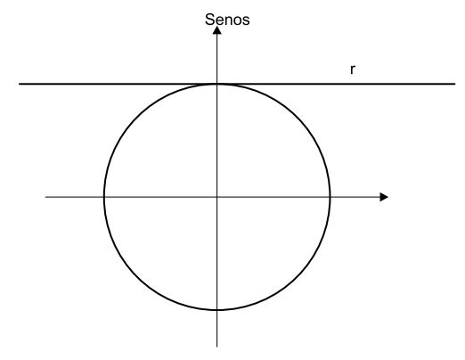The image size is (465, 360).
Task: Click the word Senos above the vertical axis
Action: pyautogui.click(x=227, y=20)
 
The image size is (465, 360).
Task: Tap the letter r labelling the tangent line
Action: pyautogui.click(x=353, y=70)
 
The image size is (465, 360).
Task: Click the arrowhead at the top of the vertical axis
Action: pyautogui.click(x=217, y=30)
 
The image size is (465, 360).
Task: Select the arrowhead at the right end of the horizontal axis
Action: pyautogui.click(x=384, y=197)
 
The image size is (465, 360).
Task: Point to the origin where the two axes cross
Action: pyautogui.click(x=217, y=197)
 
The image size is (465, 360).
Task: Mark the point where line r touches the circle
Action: pyautogui.click(x=217, y=84)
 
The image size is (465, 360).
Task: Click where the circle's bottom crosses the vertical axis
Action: pyautogui.click(x=217, y=310)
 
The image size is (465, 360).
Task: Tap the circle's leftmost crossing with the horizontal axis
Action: pyautogui.click(x=104, y=197)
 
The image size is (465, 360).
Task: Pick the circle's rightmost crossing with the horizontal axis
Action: pyautogui.click(x=330, y=197)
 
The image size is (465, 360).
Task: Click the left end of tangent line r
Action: pyautogui.click(x=20, y=84)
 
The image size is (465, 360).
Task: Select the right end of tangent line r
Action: pyautogui.click(x=455, y=84)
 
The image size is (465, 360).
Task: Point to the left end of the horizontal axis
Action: pyautogui.click(x=45, y=197)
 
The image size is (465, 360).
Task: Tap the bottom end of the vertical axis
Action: pyautogui.click(x=217, y=347)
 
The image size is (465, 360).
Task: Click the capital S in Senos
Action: pyautogui.click(x=209, y=20)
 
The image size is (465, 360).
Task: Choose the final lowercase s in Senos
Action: pyautogui.click(x=246, y=20)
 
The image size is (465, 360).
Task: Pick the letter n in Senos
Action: pyautogui.click(x=229, y=20)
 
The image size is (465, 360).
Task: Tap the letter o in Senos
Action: pyautogui.click(x=237, y=20)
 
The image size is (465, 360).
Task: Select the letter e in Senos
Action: pyautogui.click(x=219, y=20)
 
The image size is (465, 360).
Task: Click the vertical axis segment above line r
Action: pyautogui.click(x=217, y=59)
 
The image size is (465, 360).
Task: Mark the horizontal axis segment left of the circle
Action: pyautogui.click(x=75, y=197)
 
